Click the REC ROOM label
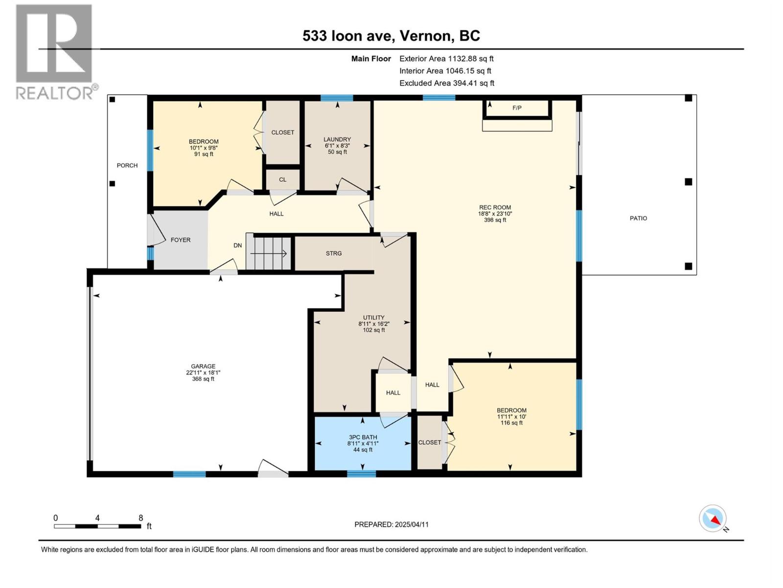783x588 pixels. coord(495,208)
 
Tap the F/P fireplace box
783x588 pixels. coord(517,108)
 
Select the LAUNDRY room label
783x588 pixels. coord(337,140)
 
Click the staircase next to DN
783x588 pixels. coord(268,253)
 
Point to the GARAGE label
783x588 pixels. coord(203,367)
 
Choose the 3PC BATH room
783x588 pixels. coord(363,443)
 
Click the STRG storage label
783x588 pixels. coord(334,253)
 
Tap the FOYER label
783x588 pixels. coord(181,240)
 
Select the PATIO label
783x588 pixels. coord(638,219)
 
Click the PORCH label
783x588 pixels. coord(127,166)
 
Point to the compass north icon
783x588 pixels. coord(713,519)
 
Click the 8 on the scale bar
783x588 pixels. coord(141,518)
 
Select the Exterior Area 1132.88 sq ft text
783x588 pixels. coord(446,59)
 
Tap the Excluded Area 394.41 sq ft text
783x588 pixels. coord(447,83)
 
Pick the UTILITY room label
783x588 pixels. coord(373,318)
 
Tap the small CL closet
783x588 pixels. coord(282,180)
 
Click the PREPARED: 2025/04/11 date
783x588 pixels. coord(391,524)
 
